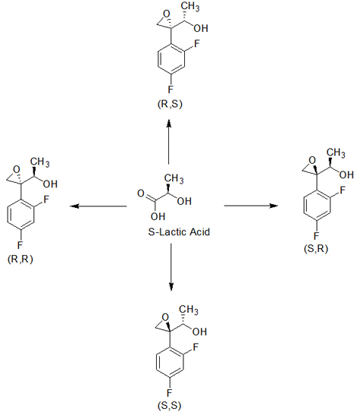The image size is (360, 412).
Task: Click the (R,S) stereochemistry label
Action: [170, 104]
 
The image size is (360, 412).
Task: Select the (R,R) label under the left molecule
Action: [20, 259]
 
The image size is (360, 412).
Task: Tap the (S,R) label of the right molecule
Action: [316, 249]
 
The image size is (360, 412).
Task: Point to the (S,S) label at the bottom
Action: [170, 405]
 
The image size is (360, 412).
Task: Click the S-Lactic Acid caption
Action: [179, 232]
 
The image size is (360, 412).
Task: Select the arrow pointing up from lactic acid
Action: [169, 142]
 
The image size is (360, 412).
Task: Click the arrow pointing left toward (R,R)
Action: [99, 206]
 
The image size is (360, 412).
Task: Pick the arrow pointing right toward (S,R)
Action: [251, 206]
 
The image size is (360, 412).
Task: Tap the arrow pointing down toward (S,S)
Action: [171, 267]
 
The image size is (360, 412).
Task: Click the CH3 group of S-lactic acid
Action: [174, 178]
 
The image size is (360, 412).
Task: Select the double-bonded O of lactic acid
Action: [141, 193]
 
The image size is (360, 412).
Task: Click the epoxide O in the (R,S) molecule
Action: [166, 14]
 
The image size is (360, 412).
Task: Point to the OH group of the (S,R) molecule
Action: [346, 175]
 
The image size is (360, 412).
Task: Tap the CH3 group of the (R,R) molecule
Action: [39, 162]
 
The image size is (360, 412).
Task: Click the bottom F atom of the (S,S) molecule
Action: [170, 393]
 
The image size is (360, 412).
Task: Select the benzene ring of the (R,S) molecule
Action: [171, 58]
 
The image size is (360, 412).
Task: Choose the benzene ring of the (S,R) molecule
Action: [317, 204]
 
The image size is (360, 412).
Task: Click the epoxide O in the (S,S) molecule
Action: [165, 317]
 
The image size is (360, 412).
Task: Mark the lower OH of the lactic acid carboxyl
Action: [158, 216]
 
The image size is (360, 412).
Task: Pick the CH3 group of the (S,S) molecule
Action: [189, 310]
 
